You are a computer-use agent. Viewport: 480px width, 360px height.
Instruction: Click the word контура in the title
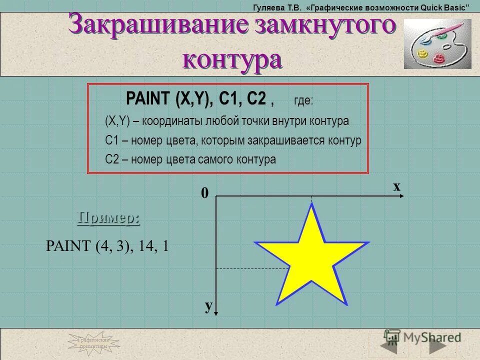coord(232,59)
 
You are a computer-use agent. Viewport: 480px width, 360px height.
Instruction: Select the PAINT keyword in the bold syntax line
coord(148,98)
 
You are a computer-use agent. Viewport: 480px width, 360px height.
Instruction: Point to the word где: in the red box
coord(303,101)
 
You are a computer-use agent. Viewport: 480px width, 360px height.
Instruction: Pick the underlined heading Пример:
coord(108,218)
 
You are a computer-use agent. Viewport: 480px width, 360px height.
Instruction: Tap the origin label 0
coord(204,193)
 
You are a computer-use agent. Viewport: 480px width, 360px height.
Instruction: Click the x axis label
coord(396,186)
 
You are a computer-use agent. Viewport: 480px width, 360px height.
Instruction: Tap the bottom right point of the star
coord(346,302)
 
